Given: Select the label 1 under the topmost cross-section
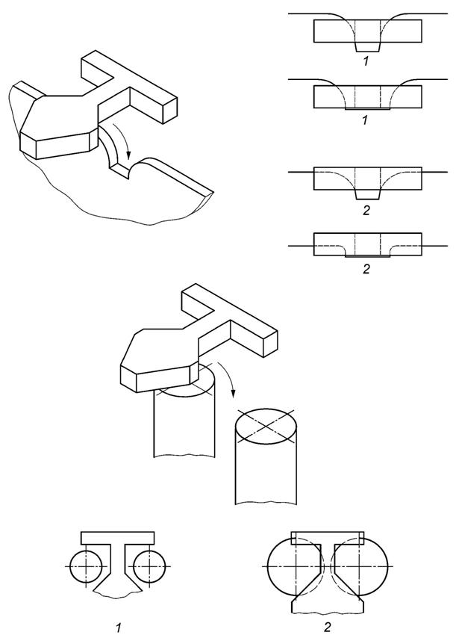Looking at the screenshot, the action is pyautogui.click(x=366, y=61).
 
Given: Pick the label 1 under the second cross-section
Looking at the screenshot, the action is pyautogui.click(x=365, y=120).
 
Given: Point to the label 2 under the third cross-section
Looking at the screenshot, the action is pyautogui.click(x=366, y=211).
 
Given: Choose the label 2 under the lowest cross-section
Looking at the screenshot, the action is pyautogui.click(x=366, y=269).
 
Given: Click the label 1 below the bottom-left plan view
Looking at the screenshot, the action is pyautogui.click(x=118, y=628).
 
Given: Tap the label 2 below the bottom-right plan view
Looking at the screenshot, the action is pyautogui.click(x=328, y=628).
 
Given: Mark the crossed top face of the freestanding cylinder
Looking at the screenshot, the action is pyautogui.click(x=266, y=427).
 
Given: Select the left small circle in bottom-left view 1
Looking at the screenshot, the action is pyautogui.click(x=86, y=566).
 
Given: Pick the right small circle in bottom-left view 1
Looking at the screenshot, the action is pyautogui.click(x=149, y=566).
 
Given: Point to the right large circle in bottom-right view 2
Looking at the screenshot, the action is pyautogui.click(x=359, y=566).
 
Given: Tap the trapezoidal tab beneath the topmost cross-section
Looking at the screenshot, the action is pyautogui.click(x=368, y=46).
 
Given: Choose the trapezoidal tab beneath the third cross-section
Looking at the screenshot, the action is pyautogui.click(x=368, y=194).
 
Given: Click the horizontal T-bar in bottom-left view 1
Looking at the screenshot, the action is pyautogui.click(x=117, y=537).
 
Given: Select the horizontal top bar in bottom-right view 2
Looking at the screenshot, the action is pyautogui.click(x=328, y=537).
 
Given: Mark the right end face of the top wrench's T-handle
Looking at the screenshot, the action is pyautogui.click(x=170, y=111).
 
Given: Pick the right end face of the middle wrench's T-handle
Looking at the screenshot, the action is pyautogui.click(x=270, y=344).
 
